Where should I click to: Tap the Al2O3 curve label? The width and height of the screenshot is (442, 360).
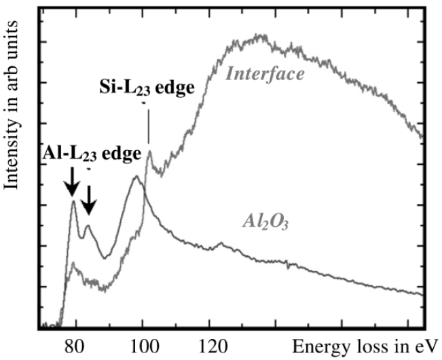(x=264, y=221)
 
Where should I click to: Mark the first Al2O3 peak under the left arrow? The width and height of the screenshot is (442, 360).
(x=73, y=201)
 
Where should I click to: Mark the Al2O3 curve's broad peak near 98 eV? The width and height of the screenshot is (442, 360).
(x=136, y=177)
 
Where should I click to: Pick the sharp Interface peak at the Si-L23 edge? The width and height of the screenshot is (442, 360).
(x=149, y=151)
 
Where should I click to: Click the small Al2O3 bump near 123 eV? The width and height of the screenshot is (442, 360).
(x=220, y=242)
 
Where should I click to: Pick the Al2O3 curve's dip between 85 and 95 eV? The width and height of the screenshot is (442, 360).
(x=104, y=257)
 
